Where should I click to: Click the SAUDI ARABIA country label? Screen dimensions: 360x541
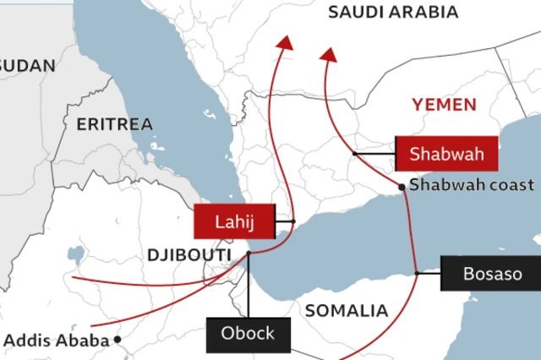(393, 12)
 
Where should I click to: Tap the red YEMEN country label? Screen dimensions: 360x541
(444, 105)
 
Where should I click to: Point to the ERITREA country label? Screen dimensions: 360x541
(115, 124)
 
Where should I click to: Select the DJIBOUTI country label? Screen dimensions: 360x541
(189, 254)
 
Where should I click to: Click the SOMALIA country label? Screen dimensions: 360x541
(346, 311)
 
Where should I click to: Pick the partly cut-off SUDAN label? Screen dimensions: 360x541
(27, 65)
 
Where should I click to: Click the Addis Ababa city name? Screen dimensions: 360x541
(57, 341)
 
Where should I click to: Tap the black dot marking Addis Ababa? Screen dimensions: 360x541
(118, 340)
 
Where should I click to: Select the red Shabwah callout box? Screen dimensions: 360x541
(446, 154)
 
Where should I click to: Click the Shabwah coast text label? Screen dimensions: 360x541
(472, 185)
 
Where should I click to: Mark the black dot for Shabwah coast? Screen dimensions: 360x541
(402, 187)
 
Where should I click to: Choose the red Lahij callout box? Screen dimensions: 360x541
(234, 222)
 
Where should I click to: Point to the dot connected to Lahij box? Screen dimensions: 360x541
(292, 221)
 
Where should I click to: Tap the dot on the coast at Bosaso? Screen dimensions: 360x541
(417, 273)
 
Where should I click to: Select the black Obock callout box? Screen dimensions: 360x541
(248, 334)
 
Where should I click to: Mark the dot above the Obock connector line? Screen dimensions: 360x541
(249, 254)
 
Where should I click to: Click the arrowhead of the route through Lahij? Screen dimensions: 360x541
(286, 43)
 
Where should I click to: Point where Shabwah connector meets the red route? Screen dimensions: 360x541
(353, 153)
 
